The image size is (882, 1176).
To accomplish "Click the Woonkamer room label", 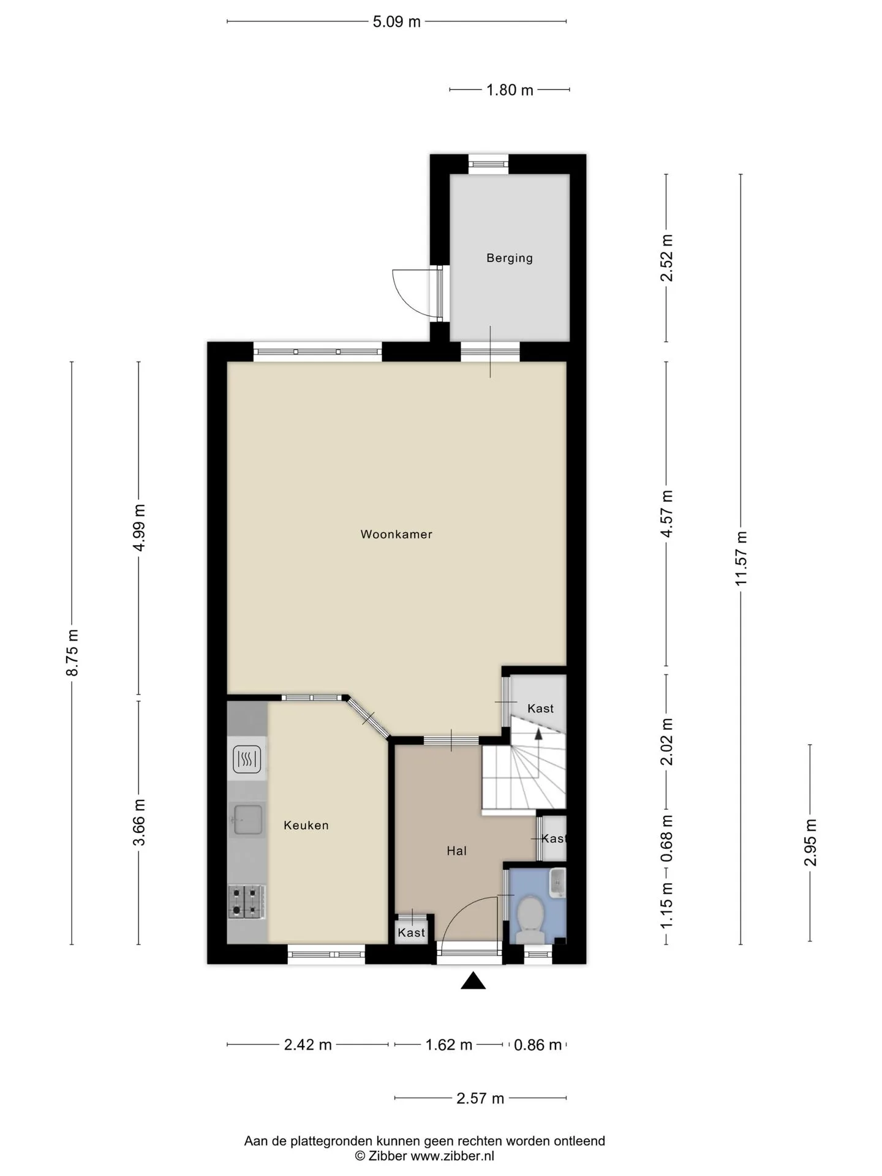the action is click(x=396, y=534).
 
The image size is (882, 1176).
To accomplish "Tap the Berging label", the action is click(x=510, y=258).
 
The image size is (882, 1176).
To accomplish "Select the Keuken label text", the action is click(x=306, y=825).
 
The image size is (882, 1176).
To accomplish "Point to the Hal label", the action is click(x=457, y=851).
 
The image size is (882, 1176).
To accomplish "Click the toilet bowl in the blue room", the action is click(x=530, y=917).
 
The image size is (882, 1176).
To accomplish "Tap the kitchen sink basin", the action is click(x=247, y=820).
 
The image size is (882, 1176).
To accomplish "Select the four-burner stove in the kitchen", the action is click(x=247, y=902).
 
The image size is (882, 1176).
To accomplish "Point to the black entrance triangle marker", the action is click(x=473, y=981).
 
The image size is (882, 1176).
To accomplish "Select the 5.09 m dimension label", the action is click(x=397, y=22).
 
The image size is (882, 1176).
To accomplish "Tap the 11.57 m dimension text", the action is click(x=742, y=558).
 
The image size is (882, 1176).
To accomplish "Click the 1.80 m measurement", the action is click(x=510, y=90).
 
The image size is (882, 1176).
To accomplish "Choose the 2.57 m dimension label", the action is click(x=480, y=1098).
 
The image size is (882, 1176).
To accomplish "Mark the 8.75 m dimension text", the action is click(x=72, y=652).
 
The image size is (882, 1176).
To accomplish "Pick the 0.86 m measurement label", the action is click(x=538, y=1045).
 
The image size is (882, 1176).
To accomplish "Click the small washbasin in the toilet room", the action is click(x=557, y=883).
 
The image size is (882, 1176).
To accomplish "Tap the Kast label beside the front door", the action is click(x=411, y=933).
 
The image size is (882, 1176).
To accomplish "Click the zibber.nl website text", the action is click(x=452, y=1156).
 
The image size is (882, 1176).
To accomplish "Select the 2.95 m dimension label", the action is click(x=810, y=843).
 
